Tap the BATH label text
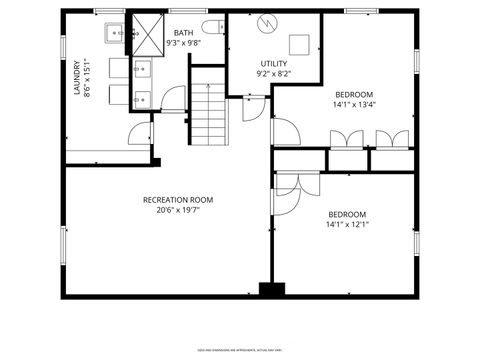tap(183, 33)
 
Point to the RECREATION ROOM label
tap(177, 200)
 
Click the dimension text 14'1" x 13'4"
tap(355, 104)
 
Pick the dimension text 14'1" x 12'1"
tap(347, 224)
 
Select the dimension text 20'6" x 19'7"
tap(177, 211)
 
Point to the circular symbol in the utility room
tap(264, 22)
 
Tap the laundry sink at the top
tap(115, 33)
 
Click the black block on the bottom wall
tap(271, 290)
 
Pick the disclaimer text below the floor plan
tap(240, 349)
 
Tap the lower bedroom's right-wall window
tap(416, 243)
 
